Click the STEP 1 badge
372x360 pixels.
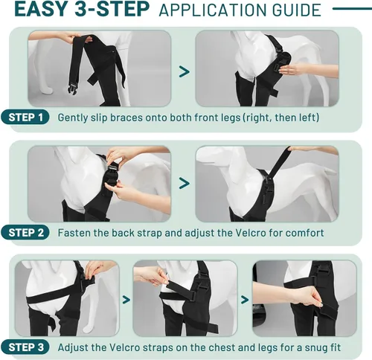coord(25,118)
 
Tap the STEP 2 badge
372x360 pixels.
coord(25,233)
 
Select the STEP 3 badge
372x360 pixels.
coord(25,347)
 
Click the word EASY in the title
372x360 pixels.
coord(40,10)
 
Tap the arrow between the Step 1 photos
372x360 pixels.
coord(185,72)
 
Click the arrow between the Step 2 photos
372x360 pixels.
coord(185,184)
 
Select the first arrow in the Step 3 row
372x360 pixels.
coord(126,300)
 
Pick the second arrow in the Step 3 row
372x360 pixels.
coord(245,300)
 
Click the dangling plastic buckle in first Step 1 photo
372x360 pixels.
coord(72,88)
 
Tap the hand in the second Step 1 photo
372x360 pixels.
coord(292,69)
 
